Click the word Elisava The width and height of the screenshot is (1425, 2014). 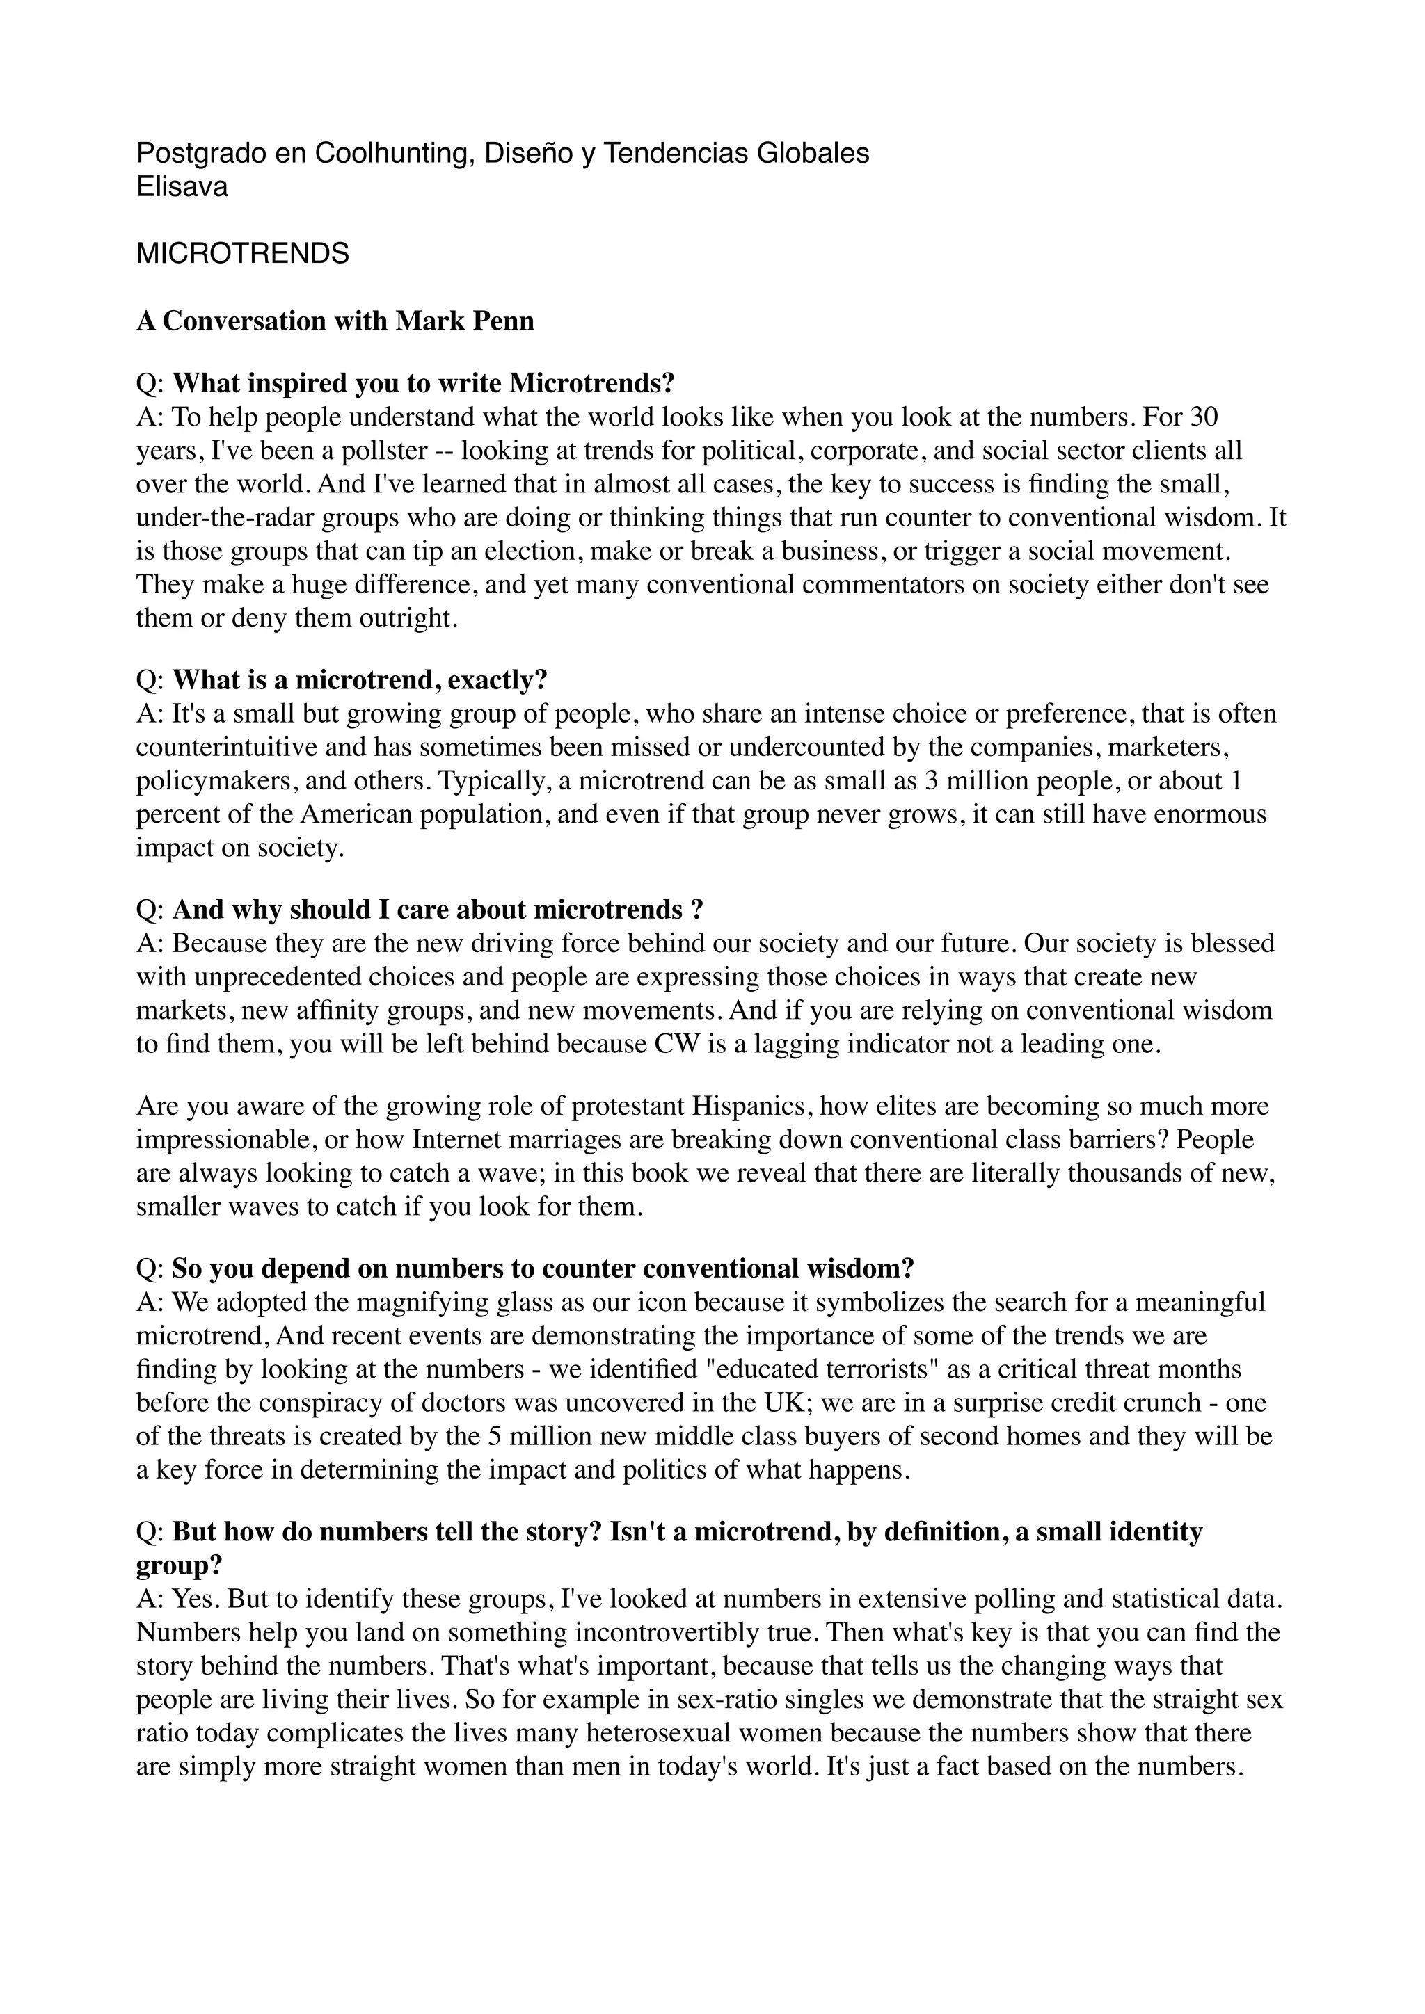(x=182, y=187)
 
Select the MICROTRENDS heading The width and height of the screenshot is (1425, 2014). (x=242, y=254)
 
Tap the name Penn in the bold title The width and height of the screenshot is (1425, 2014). (x=503, y=321)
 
